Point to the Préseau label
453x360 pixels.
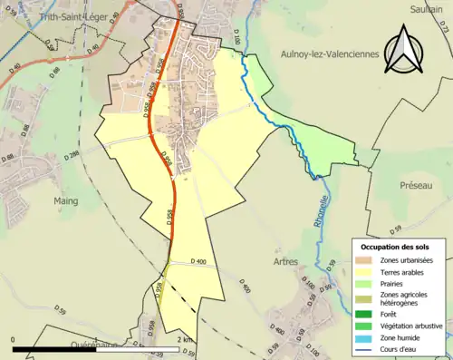click(419, 184)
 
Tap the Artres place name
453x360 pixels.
click(285, 261)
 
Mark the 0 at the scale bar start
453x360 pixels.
click(13, 339)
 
